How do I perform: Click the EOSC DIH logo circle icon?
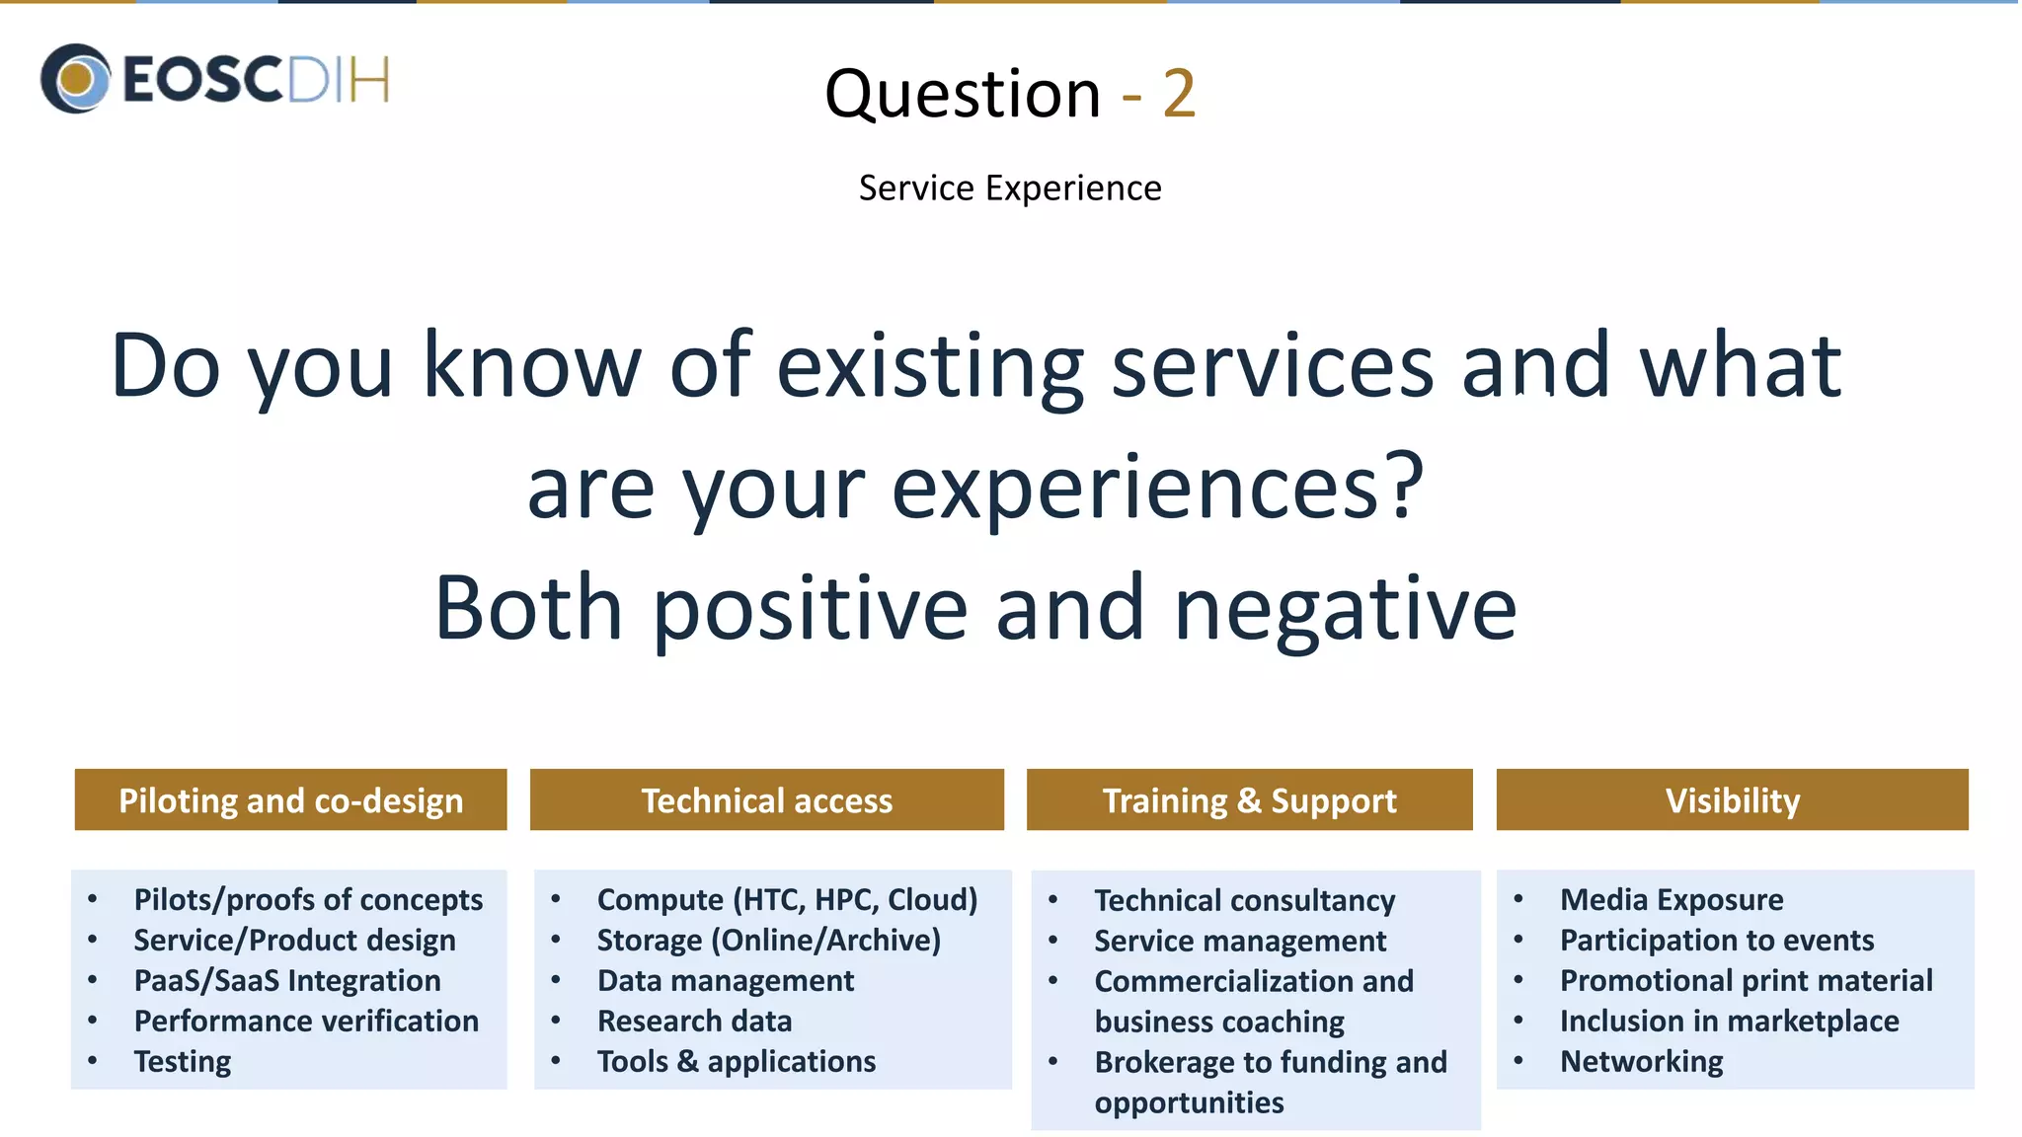coord(75,78)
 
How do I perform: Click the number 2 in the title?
coord(1179,95)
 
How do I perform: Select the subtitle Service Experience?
coord(1009,188)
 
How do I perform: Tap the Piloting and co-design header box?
coord(290,799)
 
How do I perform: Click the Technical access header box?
coord(766,799)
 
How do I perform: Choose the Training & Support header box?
coord(1249,799)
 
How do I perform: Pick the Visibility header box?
coord(1732,799)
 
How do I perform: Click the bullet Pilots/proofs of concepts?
coord(308,899)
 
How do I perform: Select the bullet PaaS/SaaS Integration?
coord(287,980)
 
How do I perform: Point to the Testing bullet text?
coord(183,1061)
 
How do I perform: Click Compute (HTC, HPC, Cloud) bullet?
coord(787,899)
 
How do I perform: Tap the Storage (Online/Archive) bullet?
coord(768,940)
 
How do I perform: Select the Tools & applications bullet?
coord(736,1061)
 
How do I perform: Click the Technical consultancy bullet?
coord(1244,900)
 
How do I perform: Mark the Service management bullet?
coord(1239,941)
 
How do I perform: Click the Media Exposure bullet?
coord(1671,899)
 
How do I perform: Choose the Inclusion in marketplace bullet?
coord(1729,1021)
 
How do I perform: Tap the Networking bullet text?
coord(1641,1061)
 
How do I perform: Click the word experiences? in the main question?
coord(1157,488)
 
